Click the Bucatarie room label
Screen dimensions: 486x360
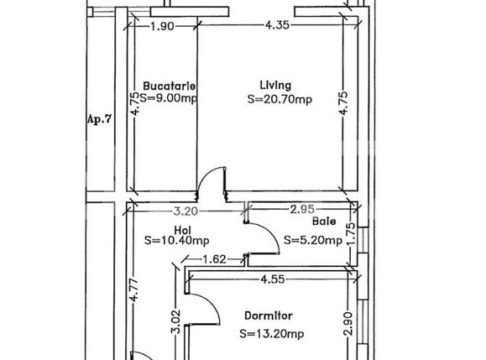[170, 86]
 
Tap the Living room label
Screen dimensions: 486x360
[275, 86]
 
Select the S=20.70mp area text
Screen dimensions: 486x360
[280, 100]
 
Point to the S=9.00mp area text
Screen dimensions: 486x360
[169, 98]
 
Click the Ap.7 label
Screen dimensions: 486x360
[99, 119]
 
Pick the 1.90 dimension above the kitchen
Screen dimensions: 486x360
[162, 26]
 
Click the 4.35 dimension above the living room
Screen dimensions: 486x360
[277, 25]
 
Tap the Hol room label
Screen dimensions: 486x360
[182, 230]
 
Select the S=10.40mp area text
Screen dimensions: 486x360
[176, 240]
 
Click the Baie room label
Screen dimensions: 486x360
[324, 222]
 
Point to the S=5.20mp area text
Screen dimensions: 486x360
[313, 240]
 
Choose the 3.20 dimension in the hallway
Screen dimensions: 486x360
[186, 211]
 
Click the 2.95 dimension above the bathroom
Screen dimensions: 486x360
[302, 210]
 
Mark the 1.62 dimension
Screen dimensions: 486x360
[214, 259]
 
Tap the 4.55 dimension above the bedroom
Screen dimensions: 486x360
[273, 279]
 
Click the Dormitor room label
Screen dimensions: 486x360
[269, 316]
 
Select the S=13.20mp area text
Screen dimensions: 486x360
[271, 334]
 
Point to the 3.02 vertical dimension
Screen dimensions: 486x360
[175, 321]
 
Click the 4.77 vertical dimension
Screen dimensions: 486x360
[134, 290]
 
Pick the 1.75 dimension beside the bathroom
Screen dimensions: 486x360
[351, 234]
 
